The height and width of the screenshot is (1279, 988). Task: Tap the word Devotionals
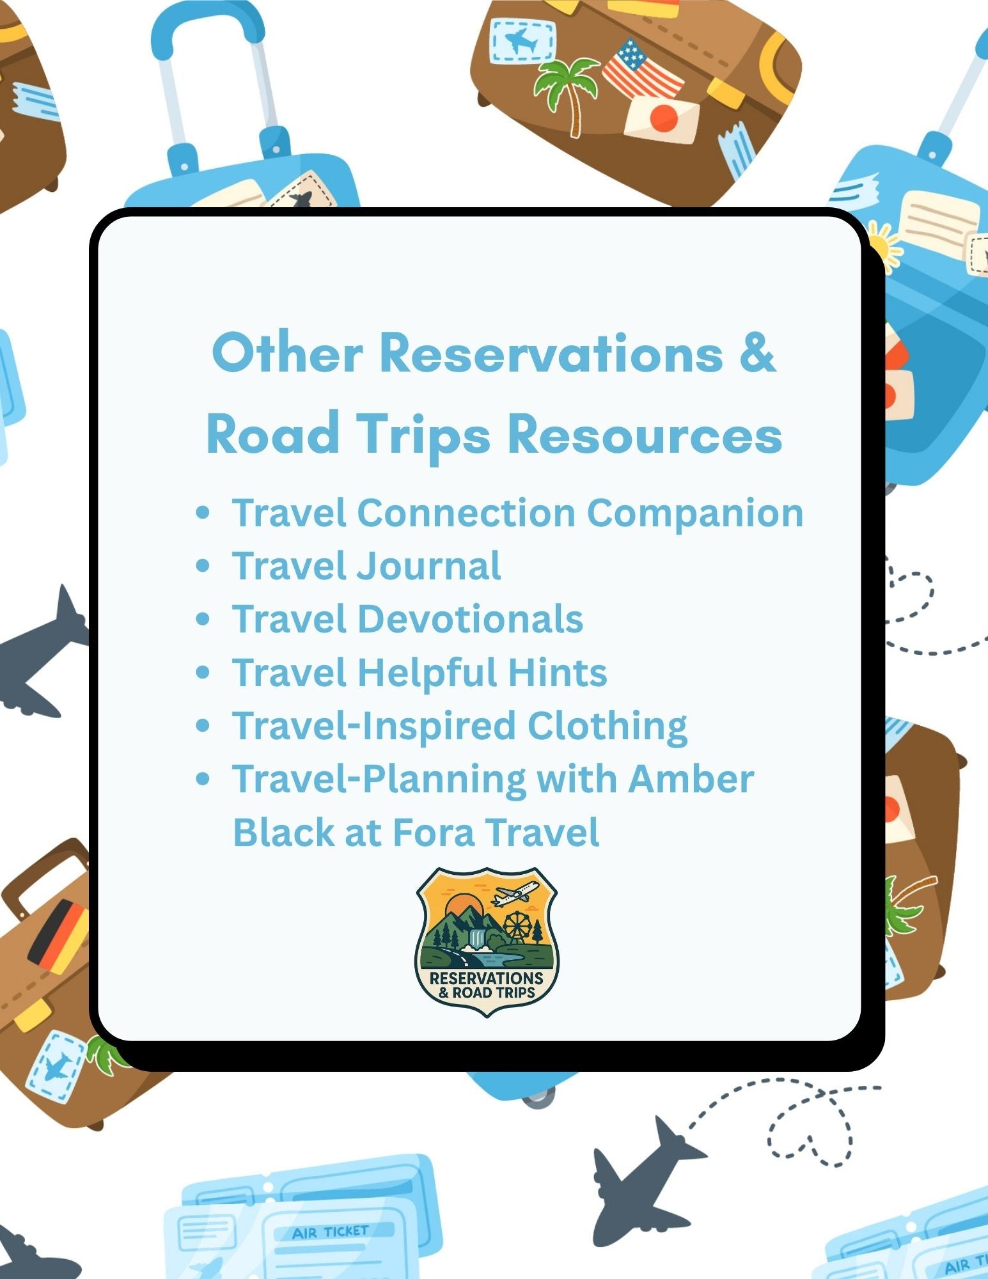(470, 620)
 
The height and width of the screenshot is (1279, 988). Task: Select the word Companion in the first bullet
(695, 513)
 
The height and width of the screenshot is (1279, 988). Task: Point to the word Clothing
(607, 727)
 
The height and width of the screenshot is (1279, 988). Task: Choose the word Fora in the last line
(433, 833)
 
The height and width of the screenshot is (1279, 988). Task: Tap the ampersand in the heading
(758, 353)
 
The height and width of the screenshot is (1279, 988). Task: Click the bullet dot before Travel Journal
(203, 566)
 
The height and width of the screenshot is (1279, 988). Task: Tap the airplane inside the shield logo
(515, 893)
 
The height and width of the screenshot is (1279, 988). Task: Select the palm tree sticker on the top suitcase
(566, 90)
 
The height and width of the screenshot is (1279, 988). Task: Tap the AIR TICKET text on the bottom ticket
(330, 1232)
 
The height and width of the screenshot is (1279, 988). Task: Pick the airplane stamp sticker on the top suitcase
(522, 42)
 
